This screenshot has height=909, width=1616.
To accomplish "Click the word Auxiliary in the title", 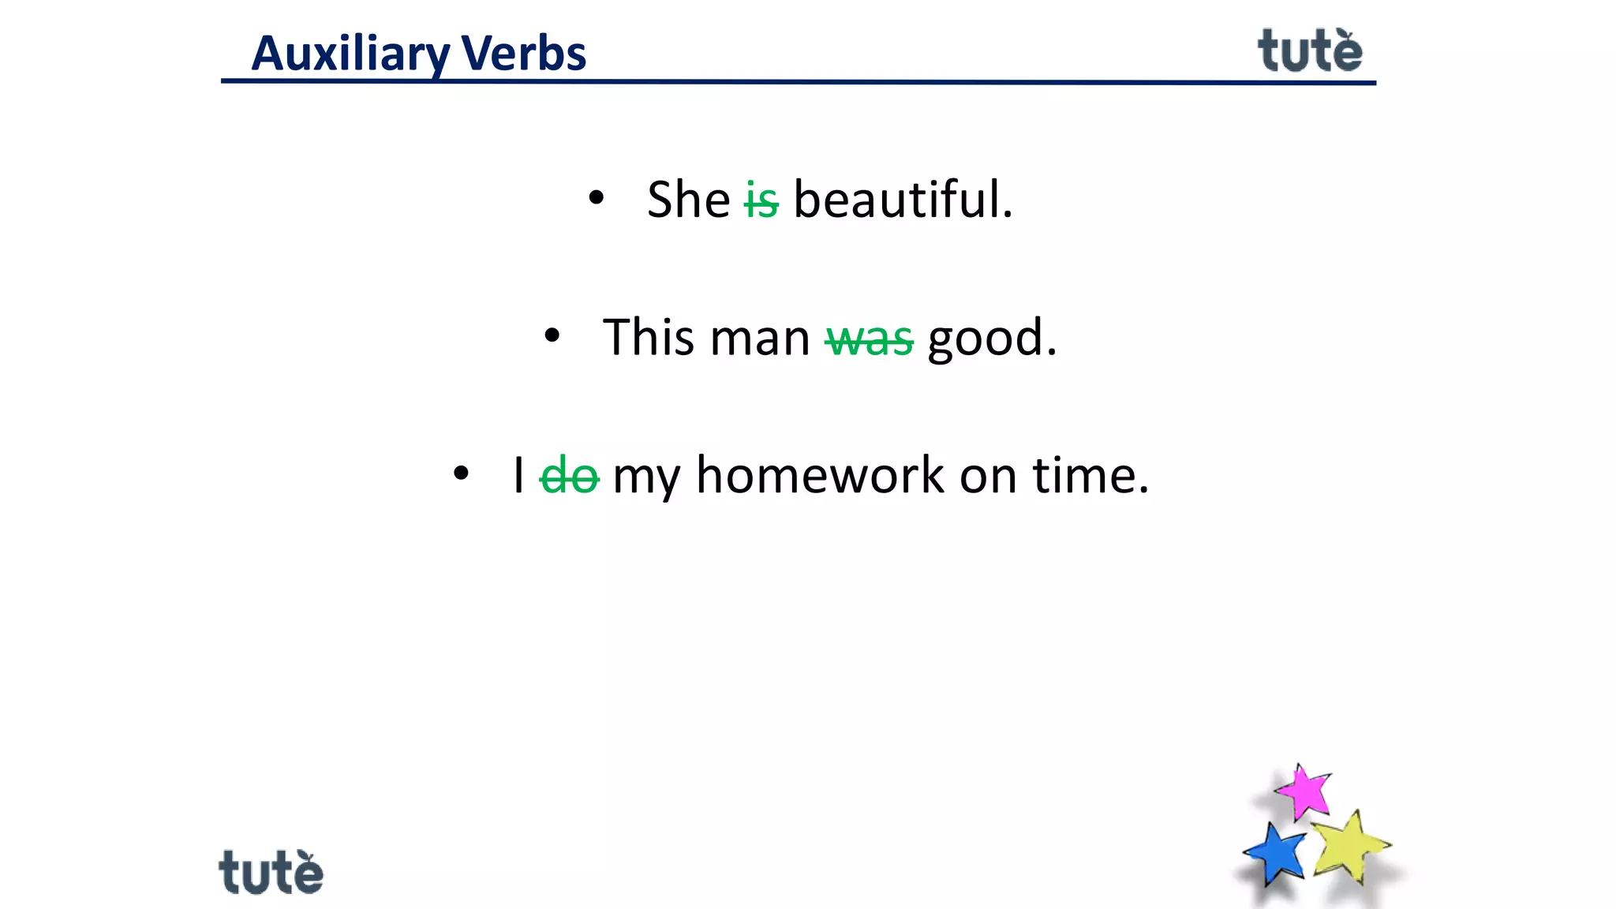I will (351, 54).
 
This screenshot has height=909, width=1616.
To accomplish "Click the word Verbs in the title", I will (523, 54).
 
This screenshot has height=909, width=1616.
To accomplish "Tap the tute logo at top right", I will (1309, 51).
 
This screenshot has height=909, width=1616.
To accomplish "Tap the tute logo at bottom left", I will (271, 873).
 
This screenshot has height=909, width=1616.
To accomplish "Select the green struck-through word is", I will (761, 200).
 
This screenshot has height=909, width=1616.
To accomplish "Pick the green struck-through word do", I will (569, 476).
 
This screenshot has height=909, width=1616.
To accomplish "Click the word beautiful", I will (902, 199).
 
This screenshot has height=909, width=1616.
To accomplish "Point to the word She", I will (688, 199).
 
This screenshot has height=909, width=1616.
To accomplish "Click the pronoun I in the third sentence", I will (518, 476).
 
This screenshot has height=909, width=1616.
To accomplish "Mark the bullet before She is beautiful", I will (597, 198).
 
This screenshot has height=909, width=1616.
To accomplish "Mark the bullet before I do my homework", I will (462, 474).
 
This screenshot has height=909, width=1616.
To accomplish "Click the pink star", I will (1304, 791).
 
